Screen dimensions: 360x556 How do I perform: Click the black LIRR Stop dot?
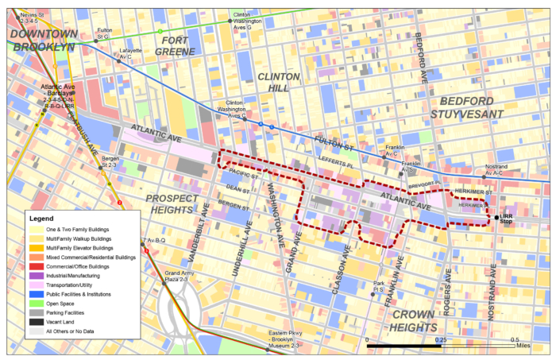tap(497, 217)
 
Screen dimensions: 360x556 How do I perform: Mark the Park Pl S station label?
tap(378, 287)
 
